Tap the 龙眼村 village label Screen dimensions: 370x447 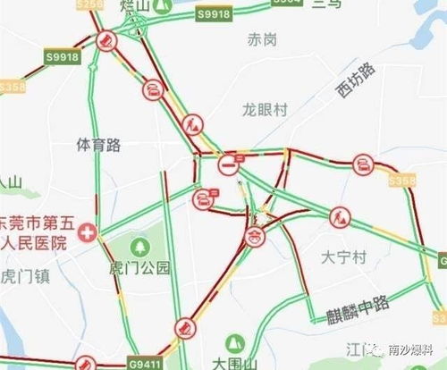pyautogui.click(x=266, y=109)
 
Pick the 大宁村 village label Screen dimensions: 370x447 pyautogui.click(x=343, y=257)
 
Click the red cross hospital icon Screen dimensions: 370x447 pyautogui.click(x=87, y=232)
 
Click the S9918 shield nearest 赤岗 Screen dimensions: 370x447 pyautogui.click(x=213, y=14)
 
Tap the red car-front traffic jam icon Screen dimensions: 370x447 pyautogui.click(x=255, y=236)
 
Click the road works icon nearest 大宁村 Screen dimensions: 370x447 pyautogui.click(x=340, y=216)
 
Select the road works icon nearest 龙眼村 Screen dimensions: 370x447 pyautogui.click(x=193, y=124)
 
